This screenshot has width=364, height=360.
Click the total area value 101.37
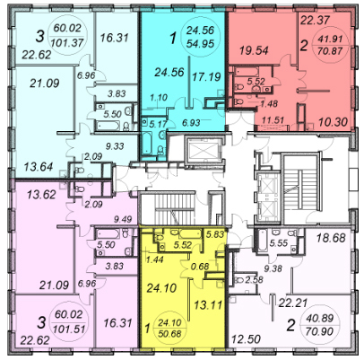tap(67, 42)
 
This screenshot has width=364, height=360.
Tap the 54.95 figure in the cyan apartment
tap(200, 44)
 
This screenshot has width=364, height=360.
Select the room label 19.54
tap(254, 50)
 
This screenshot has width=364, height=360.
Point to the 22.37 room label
tap(315, 21)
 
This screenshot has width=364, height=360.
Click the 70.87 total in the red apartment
tap(330, 51)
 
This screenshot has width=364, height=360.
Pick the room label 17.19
tap(206, 77)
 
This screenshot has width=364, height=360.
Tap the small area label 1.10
tap(159, 98)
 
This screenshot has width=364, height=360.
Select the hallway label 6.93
tap(191, 122)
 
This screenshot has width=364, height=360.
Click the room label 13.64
tap(39, 166)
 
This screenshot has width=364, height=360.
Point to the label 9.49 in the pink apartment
tap(123, 219)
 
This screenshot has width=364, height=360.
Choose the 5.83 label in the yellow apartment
tap(215, 234)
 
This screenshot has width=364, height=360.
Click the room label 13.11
tap(208, 305)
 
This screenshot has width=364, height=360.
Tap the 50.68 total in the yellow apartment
tap(169, 333)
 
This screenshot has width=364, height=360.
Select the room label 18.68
tap(331, 238)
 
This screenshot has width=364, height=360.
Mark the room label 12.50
tap(246, 339)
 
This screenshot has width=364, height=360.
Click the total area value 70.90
tap(320, 331)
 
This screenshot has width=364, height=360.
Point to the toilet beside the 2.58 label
tap(239, 280)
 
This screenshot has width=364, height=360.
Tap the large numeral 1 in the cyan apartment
tap(173, 39)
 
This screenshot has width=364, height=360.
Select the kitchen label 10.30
tap(333, 122)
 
